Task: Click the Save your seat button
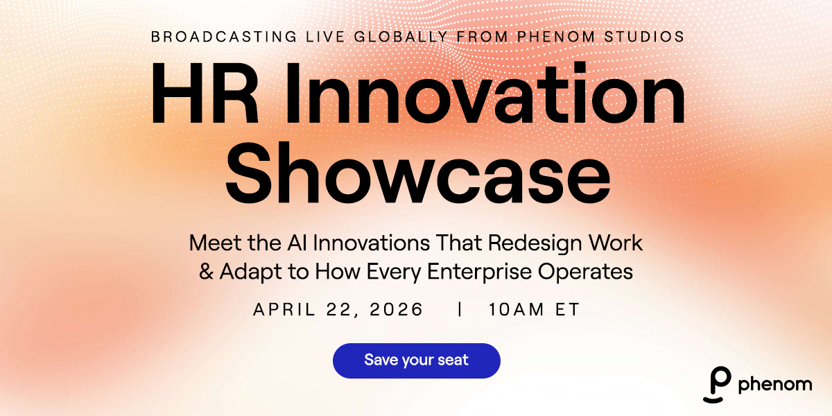pyautogui.click(x=417, y=361)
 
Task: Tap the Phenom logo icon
pyautogui.click(x=718, y=384)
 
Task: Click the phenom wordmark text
pyautogui.click(x=775, y=384)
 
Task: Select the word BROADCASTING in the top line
pyautogui.click(x=224, y=37)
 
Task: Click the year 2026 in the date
pyautogui.click(x=397, y=309)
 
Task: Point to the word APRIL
pyautogui.click(x=284, y=309)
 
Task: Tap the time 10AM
pyautogui.click(x=516, y=309)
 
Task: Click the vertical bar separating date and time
pyautogui.click(x=460, y=309)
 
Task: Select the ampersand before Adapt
pyautogui.click(x=206, y=271)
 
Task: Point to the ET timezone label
pyautogui.click(x=567, y=309)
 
